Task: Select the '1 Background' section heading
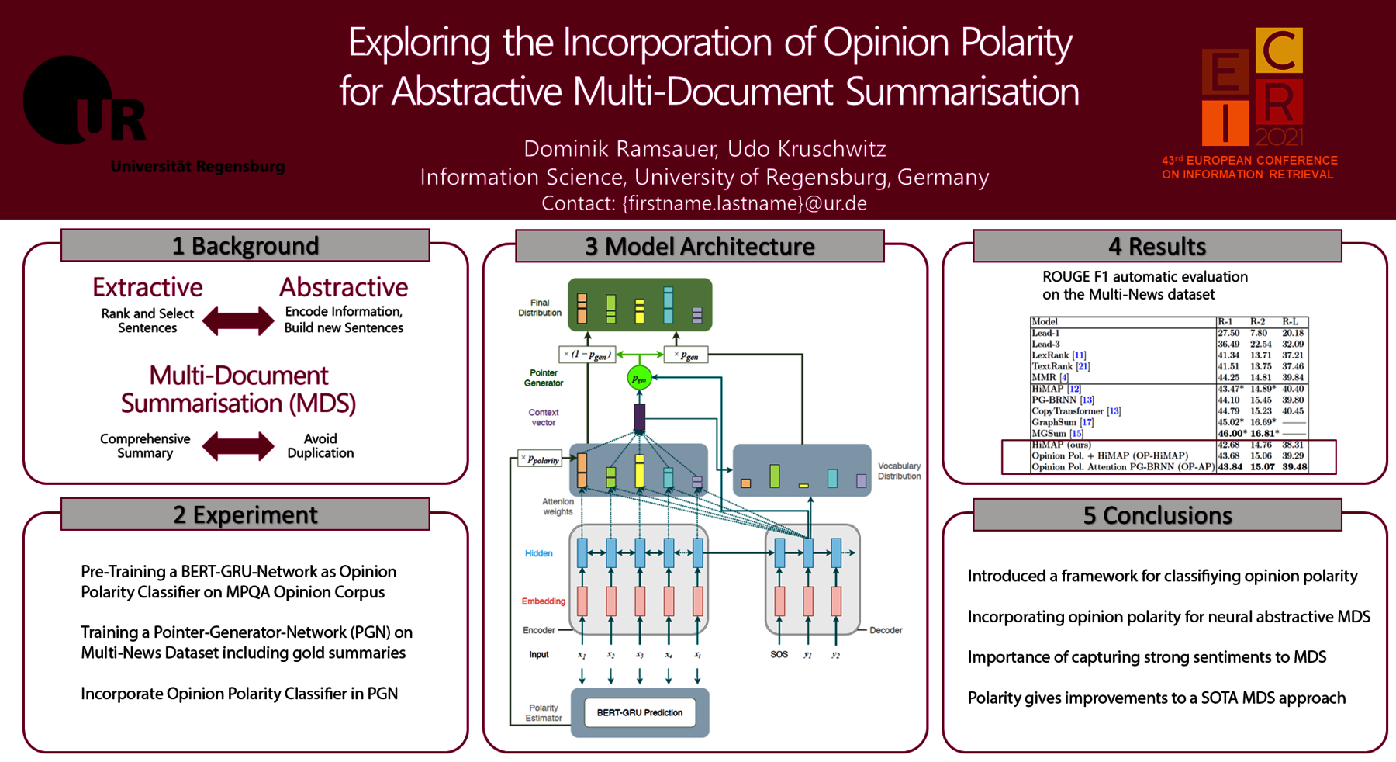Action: click(x=245, y=246)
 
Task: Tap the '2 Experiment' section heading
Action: click(x=245, y=514)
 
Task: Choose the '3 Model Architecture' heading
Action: click(x=700, y=246)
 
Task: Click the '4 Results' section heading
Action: click(x=1157, y=246)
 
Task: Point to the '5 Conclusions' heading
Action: click(x=1157, y=515)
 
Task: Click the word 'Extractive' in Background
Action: click(x=147, y=287)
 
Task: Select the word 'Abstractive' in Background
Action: click(x=344, y=287)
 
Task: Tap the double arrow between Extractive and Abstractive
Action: click(x=238, y=320)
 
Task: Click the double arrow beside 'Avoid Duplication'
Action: click(x=238, y=446)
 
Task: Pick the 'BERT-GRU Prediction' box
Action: click(x=640, y=712)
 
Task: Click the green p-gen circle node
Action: click(x=638, y=379)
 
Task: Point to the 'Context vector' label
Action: click(x=544, y=417)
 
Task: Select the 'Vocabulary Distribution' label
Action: click(x=899, y=471)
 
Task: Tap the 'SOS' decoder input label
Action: click(x=779, y=654)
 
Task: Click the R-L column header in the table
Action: click(x=1290, y=321)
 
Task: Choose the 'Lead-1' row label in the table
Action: click(x=1045, y=333)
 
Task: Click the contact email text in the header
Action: click(x=703, y=203)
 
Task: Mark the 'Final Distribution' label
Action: click(x=540, y=308)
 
